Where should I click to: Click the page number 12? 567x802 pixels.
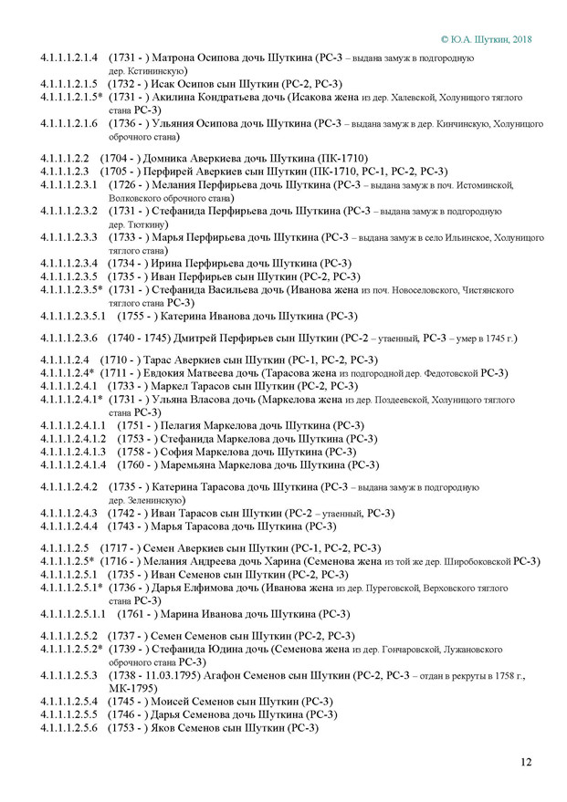coord(526,761)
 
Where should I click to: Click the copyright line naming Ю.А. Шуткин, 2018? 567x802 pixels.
coord(486,40)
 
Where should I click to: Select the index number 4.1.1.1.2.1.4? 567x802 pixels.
coord(69,58)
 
